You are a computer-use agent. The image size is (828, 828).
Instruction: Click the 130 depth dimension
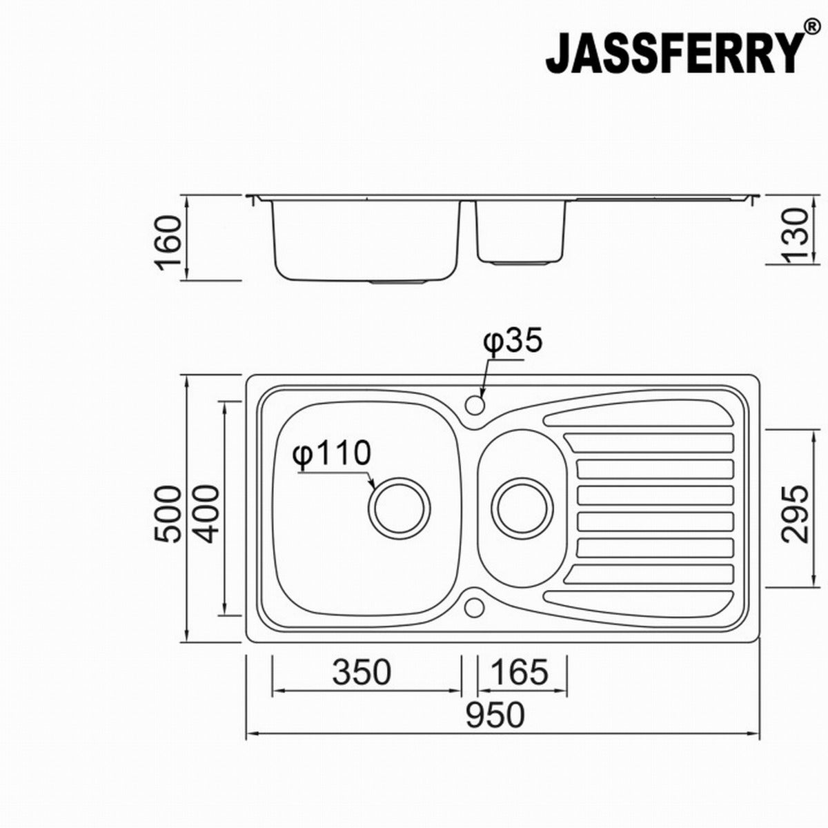pyautogui.click(x=795, y=236)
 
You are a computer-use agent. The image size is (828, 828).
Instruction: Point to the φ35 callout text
pyautogui.click(x=513, y=342)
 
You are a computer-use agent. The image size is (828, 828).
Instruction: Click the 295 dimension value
pyautogui.click(x=795, y=513)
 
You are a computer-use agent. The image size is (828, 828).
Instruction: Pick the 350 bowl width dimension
pyautogui.click(x=362, y=672)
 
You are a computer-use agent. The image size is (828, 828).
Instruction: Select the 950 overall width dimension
pyautogui.click(x=495, y=715)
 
